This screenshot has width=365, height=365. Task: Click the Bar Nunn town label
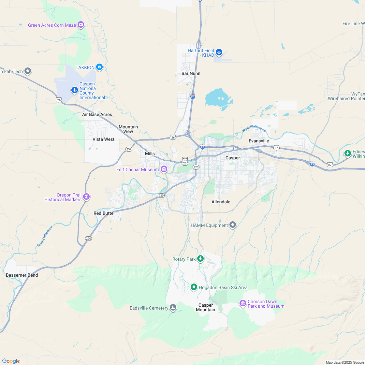191,73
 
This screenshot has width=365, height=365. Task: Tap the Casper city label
233,158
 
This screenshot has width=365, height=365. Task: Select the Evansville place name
259,141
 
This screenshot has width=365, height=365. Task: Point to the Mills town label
150,153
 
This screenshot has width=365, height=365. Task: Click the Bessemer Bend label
22,275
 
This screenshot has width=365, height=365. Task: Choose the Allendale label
221,202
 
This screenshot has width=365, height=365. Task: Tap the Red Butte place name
103,213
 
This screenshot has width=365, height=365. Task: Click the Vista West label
104,139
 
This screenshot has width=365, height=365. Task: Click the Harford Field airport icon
219,52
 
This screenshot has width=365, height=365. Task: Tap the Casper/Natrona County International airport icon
75,90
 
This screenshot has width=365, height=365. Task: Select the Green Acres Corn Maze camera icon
81,25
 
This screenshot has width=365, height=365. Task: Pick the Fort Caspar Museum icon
164,169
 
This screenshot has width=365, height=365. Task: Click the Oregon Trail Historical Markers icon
86,197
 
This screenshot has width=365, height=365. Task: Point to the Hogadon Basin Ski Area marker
194,287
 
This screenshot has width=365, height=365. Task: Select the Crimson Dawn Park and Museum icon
242,303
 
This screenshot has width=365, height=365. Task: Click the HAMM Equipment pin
232,225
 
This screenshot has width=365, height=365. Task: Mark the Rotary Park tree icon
200,259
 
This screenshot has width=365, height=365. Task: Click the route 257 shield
129,149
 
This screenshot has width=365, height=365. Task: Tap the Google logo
11,361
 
